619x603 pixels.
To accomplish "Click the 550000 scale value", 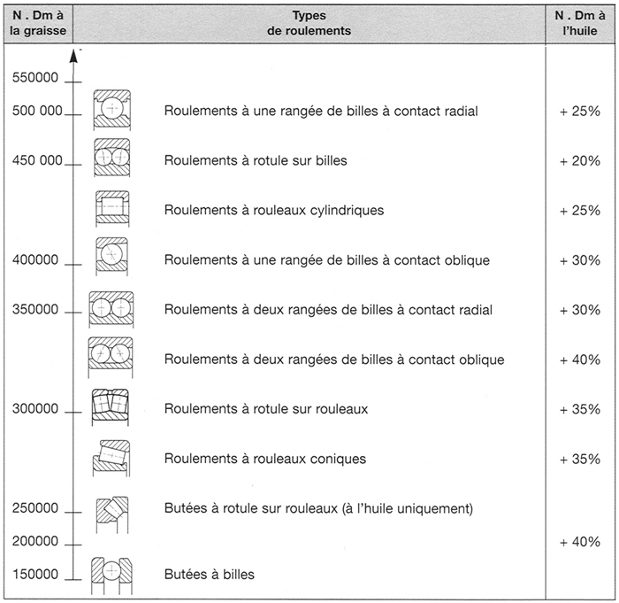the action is pyautogui.click(x=35, y=78).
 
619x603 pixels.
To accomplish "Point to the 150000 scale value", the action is pyautogui.click(x=35, y=574).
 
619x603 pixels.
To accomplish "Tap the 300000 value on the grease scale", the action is pyautogui.click(x=35, y=408).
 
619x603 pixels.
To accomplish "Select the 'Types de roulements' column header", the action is pyautogui.click(x=309, y=23).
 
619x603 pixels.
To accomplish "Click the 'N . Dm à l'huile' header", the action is pyautogui.click(x=580, y=23).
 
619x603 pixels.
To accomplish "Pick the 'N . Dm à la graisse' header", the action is pyautogui.click(x=38, y=23).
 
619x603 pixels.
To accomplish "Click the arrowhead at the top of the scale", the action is pyautogui.click(x=73, y=58).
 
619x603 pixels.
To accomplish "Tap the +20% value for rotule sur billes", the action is pyautogui.click(x=580, y=161).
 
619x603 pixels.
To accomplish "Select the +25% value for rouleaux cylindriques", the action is pyautogui.click(x=580, y=211).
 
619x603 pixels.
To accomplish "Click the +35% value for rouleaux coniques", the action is pyautogui.click(x=580, y=459).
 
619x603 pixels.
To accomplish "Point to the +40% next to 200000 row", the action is pyautogui.click(x=580, y=541).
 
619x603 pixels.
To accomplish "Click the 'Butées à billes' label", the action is pyautogui.click(x=210, y=574).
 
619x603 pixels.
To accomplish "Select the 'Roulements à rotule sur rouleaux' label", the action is pyautogui.click(x=266, y=408).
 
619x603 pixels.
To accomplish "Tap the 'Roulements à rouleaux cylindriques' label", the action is pyautogui.click(x=274, y=210).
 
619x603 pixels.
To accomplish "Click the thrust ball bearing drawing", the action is pyautogui.click(x=111, y=576).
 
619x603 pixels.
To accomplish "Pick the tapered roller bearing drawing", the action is pyautogui.click(x=111, y=458).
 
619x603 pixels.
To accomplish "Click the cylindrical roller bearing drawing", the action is pyautogui.click(x=112, y=208).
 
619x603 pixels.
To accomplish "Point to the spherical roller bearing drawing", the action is pyautogui.click(x=111, y=407).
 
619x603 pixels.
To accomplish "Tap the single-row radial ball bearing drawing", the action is pyautogui.click(x=112, y=110).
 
